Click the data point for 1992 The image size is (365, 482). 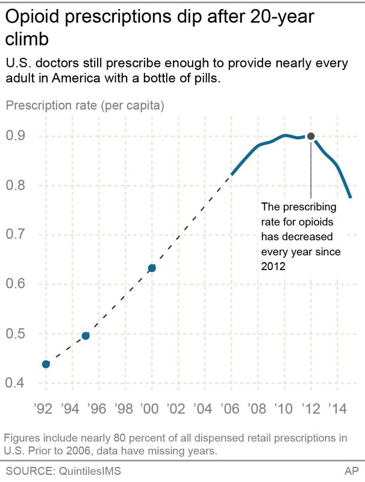pos(46,364)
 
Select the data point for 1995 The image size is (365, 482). pos(86,336)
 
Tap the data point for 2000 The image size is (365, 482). pos(152,268)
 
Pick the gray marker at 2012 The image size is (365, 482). pos(311,136)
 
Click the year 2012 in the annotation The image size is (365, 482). pos(272,264)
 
